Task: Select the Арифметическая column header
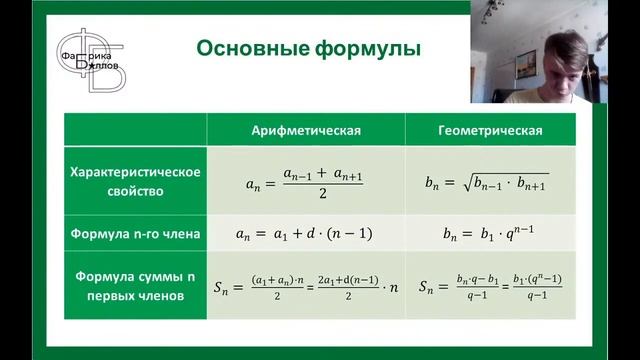click(x=305, y=130)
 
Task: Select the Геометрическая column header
click(x=490, y=130)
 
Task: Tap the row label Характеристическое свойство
click(x=135, y=180)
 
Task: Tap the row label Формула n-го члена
click(x=135, y=235)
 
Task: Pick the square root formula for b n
click(x=490, y=182)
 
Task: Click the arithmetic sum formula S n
click(x=305, y=285)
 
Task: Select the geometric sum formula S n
click(x=490, y=285)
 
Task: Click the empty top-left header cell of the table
click(x=135, y=130)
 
